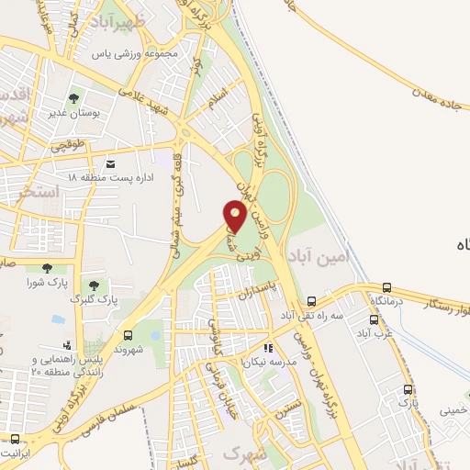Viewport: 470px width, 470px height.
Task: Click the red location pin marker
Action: (x=234, y=216)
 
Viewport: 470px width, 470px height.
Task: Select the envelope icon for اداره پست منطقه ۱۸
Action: (x=111, y=163)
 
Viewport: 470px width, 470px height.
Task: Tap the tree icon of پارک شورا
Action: (x=43, y=269)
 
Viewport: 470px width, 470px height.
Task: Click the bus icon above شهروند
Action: (x=128, y=335)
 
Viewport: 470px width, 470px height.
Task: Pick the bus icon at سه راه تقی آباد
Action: (x=312, y=302)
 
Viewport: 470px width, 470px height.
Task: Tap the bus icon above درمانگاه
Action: (x=386, y=288)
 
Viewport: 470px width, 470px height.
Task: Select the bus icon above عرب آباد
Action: (x=374, y=320)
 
